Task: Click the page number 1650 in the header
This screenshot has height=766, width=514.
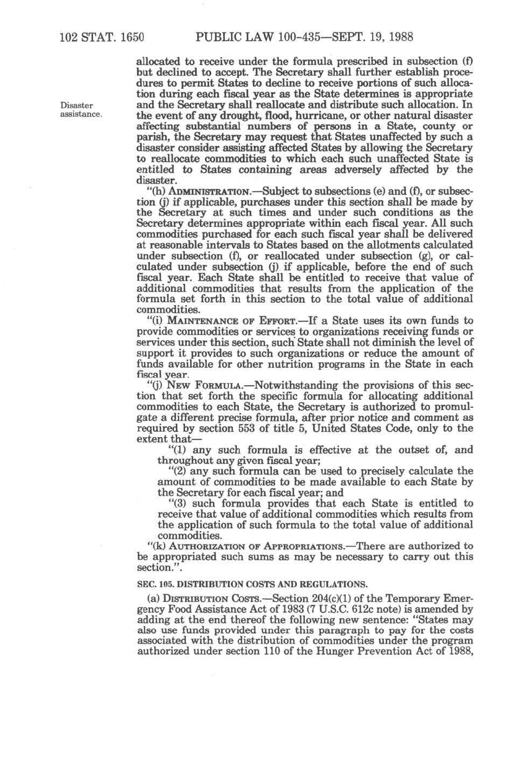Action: [128, 37]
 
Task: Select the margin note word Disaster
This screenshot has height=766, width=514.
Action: [76, 105]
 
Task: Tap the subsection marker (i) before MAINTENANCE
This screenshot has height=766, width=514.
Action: [156, 321]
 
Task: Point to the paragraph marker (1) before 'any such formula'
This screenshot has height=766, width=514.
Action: [179, 450]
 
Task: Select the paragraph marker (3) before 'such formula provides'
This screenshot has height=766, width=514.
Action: [179, 504]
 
